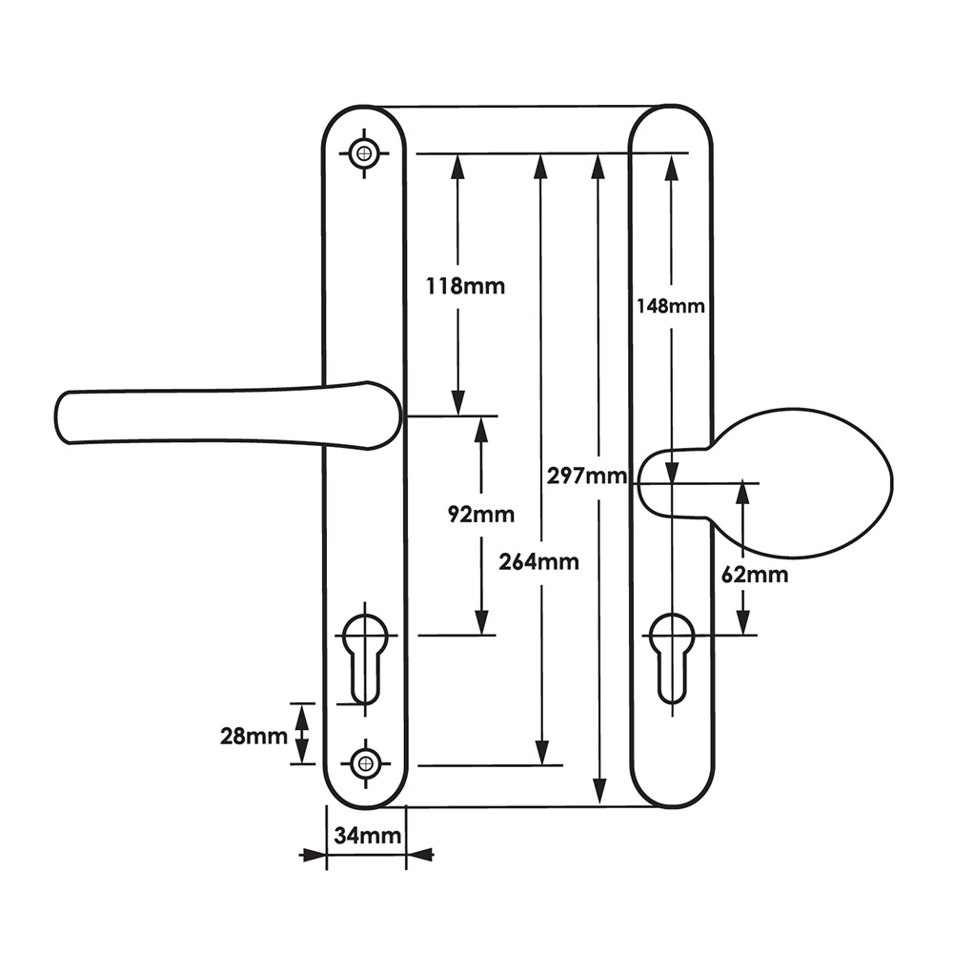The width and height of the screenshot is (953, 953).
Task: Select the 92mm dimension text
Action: coord(481,515)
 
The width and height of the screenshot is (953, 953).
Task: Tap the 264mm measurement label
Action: coord(539,561)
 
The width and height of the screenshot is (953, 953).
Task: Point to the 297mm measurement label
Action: coord(586,476)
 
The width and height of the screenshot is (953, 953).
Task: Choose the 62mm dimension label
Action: coord(755,575)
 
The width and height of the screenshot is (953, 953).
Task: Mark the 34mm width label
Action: coord(367,837)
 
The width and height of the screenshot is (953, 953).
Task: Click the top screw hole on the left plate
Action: coord(363,152)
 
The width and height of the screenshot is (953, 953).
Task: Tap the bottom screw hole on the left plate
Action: coord(364,762)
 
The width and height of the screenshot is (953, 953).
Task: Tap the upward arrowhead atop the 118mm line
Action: coord(457,166)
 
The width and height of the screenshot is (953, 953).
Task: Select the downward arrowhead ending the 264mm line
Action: coord(541,752)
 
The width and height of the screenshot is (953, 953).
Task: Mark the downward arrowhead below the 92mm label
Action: coord(481,622)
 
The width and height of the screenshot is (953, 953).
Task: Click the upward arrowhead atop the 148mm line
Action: coord(672,166)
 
